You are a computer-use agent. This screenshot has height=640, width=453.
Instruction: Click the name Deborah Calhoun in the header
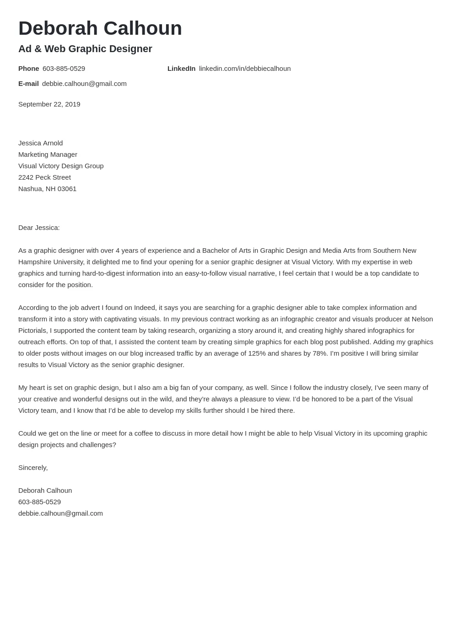(100, 28)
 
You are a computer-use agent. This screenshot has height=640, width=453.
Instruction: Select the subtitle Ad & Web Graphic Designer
(85, 49)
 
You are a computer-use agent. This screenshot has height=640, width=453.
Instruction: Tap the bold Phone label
(28, 69)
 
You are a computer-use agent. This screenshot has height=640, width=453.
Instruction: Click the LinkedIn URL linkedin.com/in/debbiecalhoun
(244, 69)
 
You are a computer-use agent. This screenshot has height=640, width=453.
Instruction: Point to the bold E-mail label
(28, 84)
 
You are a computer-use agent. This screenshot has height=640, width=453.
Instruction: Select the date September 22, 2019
(49, 104)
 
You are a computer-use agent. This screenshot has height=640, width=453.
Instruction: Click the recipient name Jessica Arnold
(40, 143)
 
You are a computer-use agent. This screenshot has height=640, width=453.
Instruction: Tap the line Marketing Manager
(48, 155)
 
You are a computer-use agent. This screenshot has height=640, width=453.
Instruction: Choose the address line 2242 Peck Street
(44, 177)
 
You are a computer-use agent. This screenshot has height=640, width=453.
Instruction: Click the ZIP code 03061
(67, 189)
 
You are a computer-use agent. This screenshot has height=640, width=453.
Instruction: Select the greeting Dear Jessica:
(39, 228)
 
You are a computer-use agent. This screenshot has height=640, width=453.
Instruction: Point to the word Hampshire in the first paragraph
(34, 262)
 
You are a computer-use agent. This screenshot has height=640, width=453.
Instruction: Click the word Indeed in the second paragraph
(145, 308)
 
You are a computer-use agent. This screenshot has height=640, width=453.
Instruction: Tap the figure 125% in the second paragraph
(257, 353)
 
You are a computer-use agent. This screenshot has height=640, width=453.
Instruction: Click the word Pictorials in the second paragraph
(32, 331)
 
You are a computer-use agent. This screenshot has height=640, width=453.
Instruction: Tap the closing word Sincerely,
(33, 468)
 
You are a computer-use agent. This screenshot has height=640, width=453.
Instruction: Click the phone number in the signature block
(39, 502)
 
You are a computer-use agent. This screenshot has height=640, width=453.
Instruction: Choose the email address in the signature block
(60, 513)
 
